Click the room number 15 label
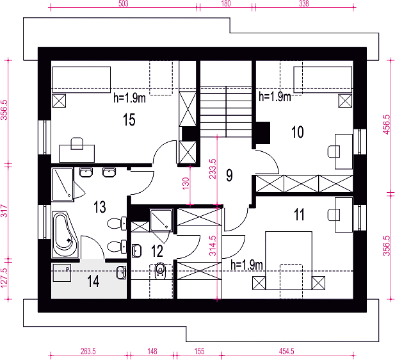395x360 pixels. coord(129,120)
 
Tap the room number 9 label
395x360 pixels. coord(229,176)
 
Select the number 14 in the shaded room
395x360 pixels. coord(93,281)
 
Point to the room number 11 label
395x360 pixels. coord(299,215)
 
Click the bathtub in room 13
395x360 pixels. coord(65,235)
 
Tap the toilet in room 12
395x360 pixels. coord(160,271)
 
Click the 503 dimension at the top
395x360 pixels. coord(124,4)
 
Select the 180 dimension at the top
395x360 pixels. coord(226,4)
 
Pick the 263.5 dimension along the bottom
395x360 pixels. coord(88,351)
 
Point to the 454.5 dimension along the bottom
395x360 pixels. coord(286,351)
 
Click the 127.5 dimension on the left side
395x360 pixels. coord(4,278)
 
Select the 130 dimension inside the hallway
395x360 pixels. coord(186,184)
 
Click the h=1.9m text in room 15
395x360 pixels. coord(129,98)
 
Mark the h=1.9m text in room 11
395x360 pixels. coord(247,265)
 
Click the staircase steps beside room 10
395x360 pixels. coord(226,111)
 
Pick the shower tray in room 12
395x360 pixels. coord(161,220)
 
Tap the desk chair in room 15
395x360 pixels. coord(77,143)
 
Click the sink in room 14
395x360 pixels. coord(121,272)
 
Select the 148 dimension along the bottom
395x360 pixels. coord(152,351)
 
